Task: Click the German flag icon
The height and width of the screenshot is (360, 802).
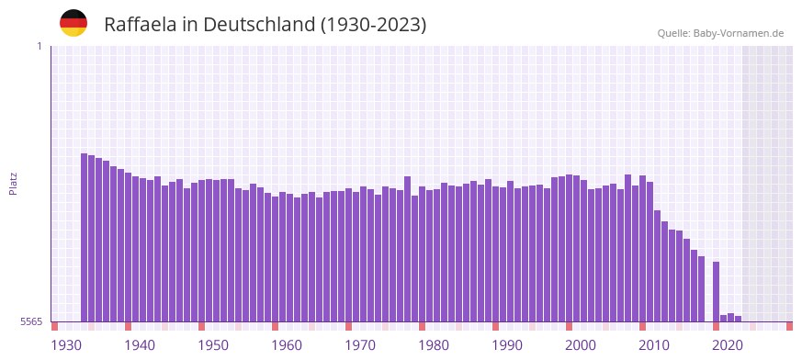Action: (x=73, y=23)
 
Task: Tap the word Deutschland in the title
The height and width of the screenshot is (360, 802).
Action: (x=259, y=25)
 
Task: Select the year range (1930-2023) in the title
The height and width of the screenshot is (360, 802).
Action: (x=373, y=25)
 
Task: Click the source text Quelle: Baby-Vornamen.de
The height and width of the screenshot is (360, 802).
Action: (x=720, y=33)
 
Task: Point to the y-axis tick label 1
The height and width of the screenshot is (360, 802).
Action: (x=39, y=46)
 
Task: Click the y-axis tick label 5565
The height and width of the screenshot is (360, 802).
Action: (x=30, y=322)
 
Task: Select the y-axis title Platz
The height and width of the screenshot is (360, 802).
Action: (x=13, y=184)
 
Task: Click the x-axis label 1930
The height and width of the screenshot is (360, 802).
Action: (x=66, y=345)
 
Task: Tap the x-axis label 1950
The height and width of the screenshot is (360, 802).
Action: (x=213, y=345)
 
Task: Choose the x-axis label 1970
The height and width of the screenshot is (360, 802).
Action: (x=360, y=345)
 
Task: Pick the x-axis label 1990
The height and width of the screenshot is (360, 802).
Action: (x=507, y=345)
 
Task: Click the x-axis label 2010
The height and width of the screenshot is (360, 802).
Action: (x=654, y=345)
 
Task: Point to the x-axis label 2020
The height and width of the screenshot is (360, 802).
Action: (x=728, y=345)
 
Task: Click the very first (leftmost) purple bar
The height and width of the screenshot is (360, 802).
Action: (x=85, y=239)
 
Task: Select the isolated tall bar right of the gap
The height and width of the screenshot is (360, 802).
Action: (x=717, y=292)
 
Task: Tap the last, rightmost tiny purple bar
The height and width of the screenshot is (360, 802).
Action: (x=738, y=319)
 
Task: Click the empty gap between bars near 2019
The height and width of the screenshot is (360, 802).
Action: (x=709, y=294)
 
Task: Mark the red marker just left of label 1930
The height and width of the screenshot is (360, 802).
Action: (x=55, y=326)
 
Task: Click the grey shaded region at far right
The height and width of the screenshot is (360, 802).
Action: (x=768, y=184)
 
